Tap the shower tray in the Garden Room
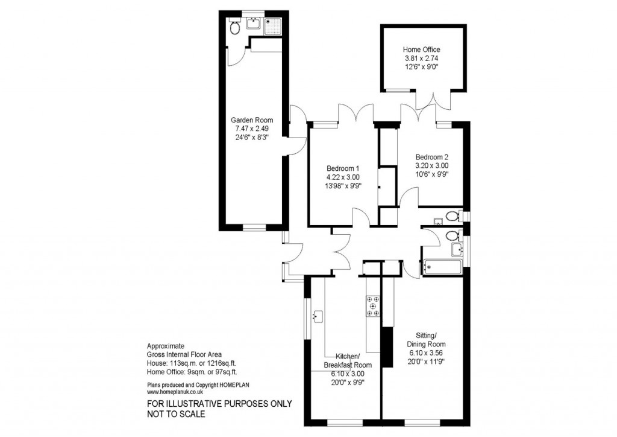273,25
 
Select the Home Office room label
421,49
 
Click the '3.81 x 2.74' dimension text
421,59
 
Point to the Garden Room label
252,120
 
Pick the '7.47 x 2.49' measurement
252,129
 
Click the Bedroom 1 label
343,168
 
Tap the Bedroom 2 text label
431,156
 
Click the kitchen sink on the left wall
318,315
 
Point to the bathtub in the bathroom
442,267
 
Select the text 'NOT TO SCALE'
177,414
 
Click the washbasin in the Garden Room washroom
255,24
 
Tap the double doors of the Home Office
436,100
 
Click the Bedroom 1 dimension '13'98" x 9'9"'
343,186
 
